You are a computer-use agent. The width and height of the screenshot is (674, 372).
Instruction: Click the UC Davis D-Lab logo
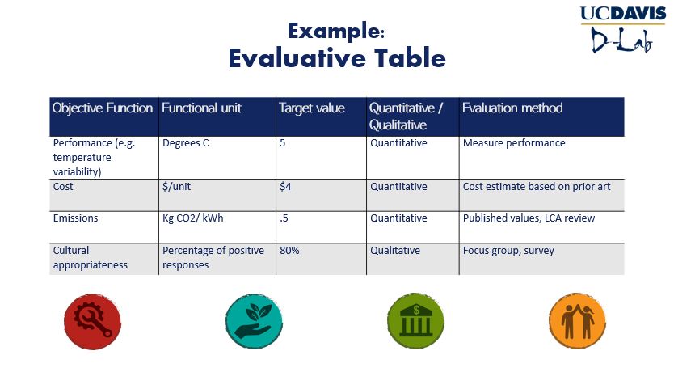tap(623, 30)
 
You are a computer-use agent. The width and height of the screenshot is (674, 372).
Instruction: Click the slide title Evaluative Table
tap(337, 58)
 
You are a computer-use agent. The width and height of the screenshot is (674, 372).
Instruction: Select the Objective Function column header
tap(103, 108)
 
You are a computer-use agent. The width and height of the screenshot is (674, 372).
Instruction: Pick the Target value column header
tap(312, 108)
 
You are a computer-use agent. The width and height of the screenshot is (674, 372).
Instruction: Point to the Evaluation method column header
tap(512, 108)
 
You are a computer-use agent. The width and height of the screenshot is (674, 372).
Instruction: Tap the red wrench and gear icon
tap(92, 321)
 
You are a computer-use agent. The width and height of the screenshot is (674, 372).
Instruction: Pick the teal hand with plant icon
tap(254, 321)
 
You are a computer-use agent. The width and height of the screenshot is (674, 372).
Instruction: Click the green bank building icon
tap(415, 321)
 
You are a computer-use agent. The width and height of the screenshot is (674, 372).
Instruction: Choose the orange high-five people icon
tap(577, 321)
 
